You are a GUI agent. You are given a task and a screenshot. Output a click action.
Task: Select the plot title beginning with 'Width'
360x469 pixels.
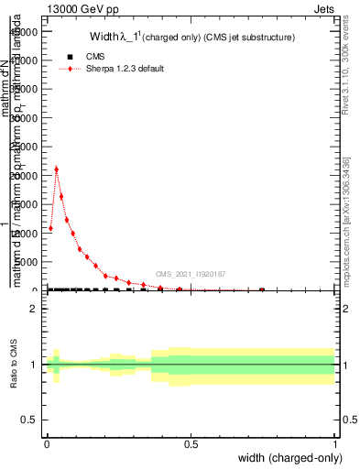pos(191,38)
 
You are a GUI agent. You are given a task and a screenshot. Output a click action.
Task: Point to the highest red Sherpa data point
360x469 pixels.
pos(56,169)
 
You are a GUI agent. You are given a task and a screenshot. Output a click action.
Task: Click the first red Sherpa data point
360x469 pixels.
pos(50,228)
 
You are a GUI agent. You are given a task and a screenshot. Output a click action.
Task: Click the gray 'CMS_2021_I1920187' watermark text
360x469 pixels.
pos(191,274)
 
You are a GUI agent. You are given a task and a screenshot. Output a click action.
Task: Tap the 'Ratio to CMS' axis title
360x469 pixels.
pos(15,365)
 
